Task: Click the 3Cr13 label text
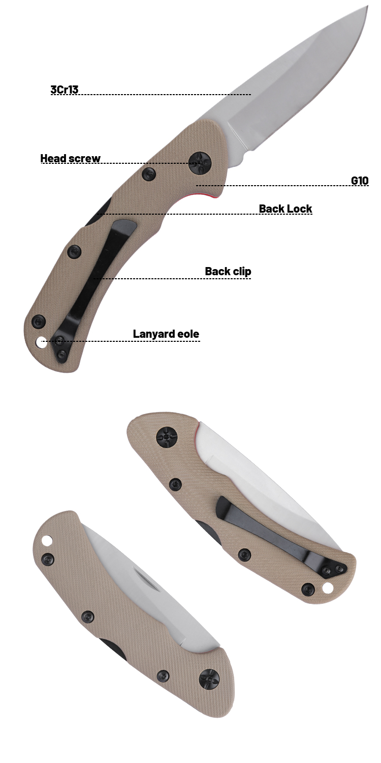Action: click(x=65, y=90)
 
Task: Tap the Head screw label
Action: click(x=71, y=158)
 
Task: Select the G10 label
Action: click(x=360, y=180)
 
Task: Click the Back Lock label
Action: click(x=285, y=209)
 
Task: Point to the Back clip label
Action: click(x=228, y=271)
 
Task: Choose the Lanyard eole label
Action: click(x=166, y=334)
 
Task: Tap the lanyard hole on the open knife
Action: click(x=41, y=343)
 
